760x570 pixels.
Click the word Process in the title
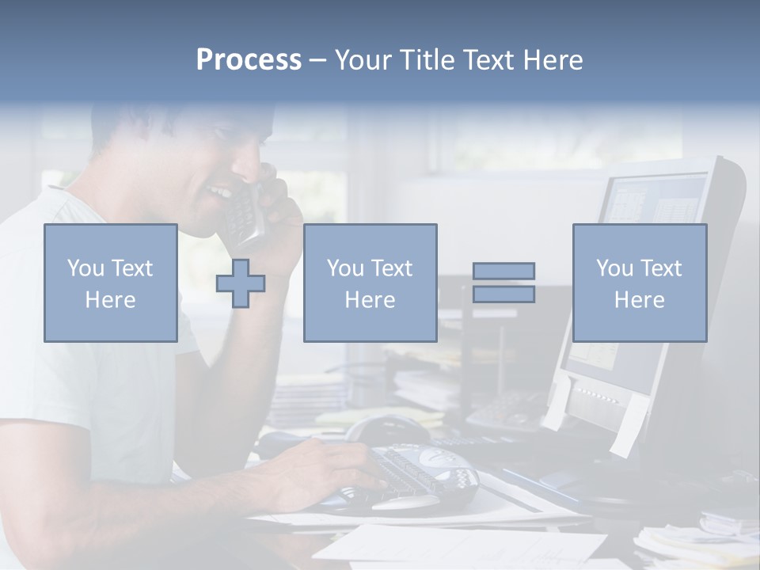(x=249, y=60)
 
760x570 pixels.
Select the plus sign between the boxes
(x=241, y=283)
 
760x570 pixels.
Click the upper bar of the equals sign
(x=503, y=271)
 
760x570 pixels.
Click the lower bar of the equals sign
(x=503, y=294)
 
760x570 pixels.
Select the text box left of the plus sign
(x=110, y=283)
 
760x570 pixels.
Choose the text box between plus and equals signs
(x=370, y=283)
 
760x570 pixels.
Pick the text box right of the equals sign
(x=639, y=283)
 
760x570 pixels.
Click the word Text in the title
(x=489, y=60)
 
